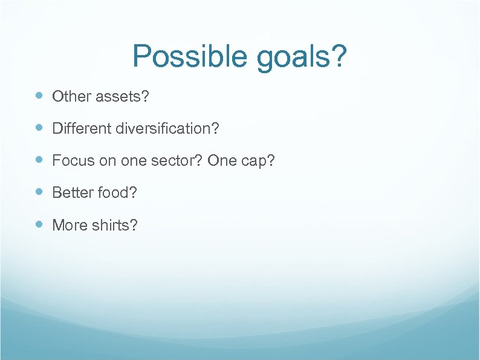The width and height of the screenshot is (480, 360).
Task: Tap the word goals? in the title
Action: point(302,57)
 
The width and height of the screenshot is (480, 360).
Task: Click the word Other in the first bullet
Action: point(68,96)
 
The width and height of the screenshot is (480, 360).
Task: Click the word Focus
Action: point(69,160)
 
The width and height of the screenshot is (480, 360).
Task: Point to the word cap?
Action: point(256,161)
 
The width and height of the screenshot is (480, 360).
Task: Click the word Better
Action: point(70,192)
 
